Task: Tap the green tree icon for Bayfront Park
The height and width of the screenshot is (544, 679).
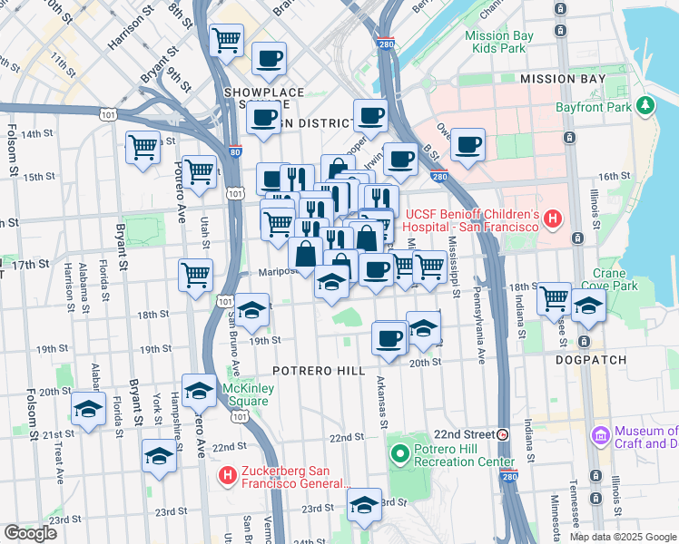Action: (645, 106)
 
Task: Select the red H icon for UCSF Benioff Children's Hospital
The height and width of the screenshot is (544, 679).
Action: (553, 219)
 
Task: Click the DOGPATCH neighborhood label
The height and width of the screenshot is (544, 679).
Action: (591, 360)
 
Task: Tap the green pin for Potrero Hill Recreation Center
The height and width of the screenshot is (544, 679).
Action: (399, 452)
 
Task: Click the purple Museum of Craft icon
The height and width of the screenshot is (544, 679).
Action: (599, 437)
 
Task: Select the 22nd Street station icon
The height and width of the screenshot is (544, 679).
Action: (503, 434)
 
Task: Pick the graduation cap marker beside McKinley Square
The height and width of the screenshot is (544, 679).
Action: (199, 391)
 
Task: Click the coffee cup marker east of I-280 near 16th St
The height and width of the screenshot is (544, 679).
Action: (467, 145)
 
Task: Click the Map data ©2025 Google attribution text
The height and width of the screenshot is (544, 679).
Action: (623, 537)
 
